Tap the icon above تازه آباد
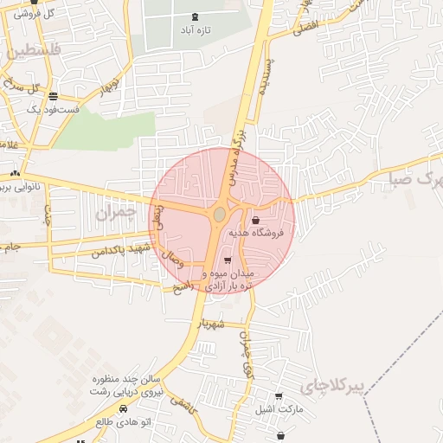coord(193,16)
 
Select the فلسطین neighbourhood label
coord(34,52)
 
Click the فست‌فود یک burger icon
coord(54,96)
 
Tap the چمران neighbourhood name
coord(113,215)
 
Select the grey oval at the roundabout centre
coord(220,213)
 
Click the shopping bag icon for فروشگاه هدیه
coord(254,221)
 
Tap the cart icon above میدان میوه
coord(228,260)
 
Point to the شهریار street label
coord(211,324)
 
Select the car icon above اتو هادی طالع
coord(124,408)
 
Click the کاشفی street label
coord(183,400)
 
